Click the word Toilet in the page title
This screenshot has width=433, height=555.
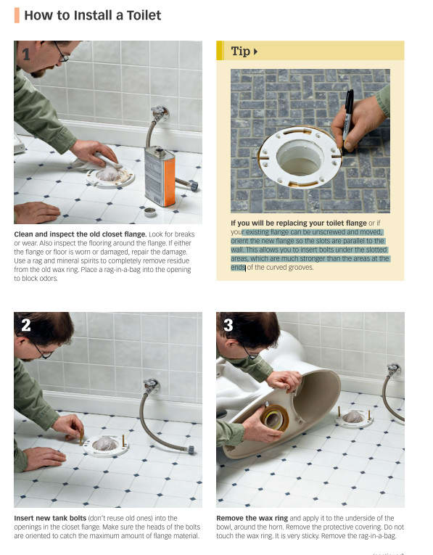click(x=144, y=15)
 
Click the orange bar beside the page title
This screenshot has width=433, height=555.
click(x=17, y=15)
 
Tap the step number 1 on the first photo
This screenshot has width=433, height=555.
click(x=26, y=54)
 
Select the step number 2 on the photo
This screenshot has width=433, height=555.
click(x=26, y=325)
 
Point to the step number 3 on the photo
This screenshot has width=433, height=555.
click(x=228, y=325)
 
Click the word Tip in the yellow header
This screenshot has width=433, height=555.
click(x=241, y=51)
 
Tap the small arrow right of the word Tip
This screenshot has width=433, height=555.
click(x=255, y=52)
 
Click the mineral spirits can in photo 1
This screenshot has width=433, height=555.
click(x=160, y=176)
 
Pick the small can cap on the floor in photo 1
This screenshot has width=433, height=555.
click(x=150, y=212)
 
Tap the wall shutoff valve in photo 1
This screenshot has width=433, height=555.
click(x=159, y=113)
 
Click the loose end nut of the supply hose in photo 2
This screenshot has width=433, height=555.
click(x=191, y=450)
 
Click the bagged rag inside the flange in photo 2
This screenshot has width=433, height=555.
click(x=105, y=443)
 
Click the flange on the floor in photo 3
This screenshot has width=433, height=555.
click(x=354, y=419)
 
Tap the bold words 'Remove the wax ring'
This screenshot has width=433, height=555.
click(x=252, y=518)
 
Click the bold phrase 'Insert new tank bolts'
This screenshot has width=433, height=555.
click(x=50, y=518)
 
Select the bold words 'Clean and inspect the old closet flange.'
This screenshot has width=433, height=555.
click(x=81, y=234)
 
